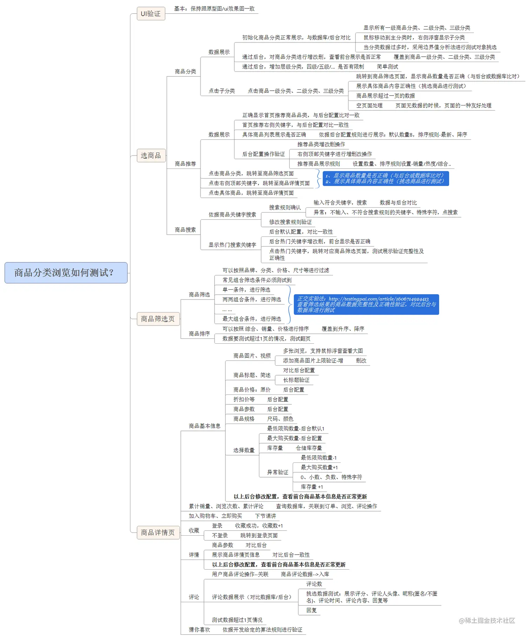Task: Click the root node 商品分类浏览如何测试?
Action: tap(66, 273)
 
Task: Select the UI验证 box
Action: tap(151, 14)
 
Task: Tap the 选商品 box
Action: tap(151, 156)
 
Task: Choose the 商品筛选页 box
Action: tap(158, 319)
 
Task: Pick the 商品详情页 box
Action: tap(158, 532)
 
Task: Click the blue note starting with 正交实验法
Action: tap(366, 304)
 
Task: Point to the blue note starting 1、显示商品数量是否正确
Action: tap(386, 178)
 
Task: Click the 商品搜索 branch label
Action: tap(185, 230)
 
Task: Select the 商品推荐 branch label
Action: tap(185, 164)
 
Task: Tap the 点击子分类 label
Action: tap(222, 91)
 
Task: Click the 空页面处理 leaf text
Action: tap(369, 106)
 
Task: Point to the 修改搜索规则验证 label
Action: tap(290, 222)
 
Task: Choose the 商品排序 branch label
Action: tap(199, 334)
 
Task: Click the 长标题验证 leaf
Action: tap(296, 380)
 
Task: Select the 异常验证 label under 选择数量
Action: tap(278, 472)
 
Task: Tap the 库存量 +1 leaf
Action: tap(312, 487)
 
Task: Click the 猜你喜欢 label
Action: tap(199, 630)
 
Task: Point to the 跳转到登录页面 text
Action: tap(259, 536)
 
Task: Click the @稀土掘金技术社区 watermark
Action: tap(487, 621)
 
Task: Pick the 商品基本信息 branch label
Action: tap(205, 426)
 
